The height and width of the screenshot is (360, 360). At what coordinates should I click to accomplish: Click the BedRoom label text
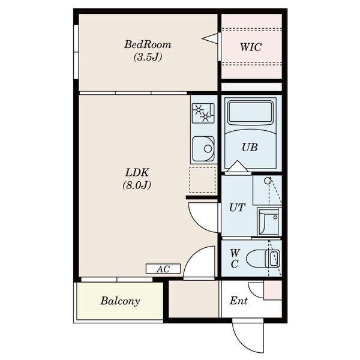tap(148, 44)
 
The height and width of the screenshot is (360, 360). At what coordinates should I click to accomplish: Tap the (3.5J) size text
tap(148, 57)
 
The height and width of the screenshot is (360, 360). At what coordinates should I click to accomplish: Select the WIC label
tap(251, 47)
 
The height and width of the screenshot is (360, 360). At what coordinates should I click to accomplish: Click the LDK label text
tap(137, 172)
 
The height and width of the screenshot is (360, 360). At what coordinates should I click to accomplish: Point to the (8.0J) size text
tap(137, 185)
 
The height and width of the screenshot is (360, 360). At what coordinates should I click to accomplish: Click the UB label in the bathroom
tap(250, 148)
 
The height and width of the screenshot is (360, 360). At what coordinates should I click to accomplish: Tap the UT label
tap(237, 208)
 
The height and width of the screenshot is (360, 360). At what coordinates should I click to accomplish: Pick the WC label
tap(235, 259)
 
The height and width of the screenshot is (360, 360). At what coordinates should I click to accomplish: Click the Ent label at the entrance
tap(239, 301)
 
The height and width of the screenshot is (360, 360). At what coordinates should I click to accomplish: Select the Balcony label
tap(120, 301)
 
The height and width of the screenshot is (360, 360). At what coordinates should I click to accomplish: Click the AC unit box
tap(163, 269)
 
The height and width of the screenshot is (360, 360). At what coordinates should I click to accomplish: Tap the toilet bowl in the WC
tap(263, 259)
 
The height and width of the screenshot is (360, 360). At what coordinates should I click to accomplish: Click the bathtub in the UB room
tap(250, 113)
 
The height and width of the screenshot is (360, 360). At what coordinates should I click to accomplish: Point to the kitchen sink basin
tap(203, 149)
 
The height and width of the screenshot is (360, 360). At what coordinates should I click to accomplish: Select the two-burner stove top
tap(203, 113)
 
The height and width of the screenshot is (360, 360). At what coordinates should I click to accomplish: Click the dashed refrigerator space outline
tap(202, 180)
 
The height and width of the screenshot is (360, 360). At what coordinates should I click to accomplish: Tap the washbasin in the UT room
tap(269, 222)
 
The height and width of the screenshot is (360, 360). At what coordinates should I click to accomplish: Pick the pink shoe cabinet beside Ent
tap(273, 290)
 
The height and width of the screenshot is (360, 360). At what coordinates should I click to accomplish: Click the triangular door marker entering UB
tap(238, 166)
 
